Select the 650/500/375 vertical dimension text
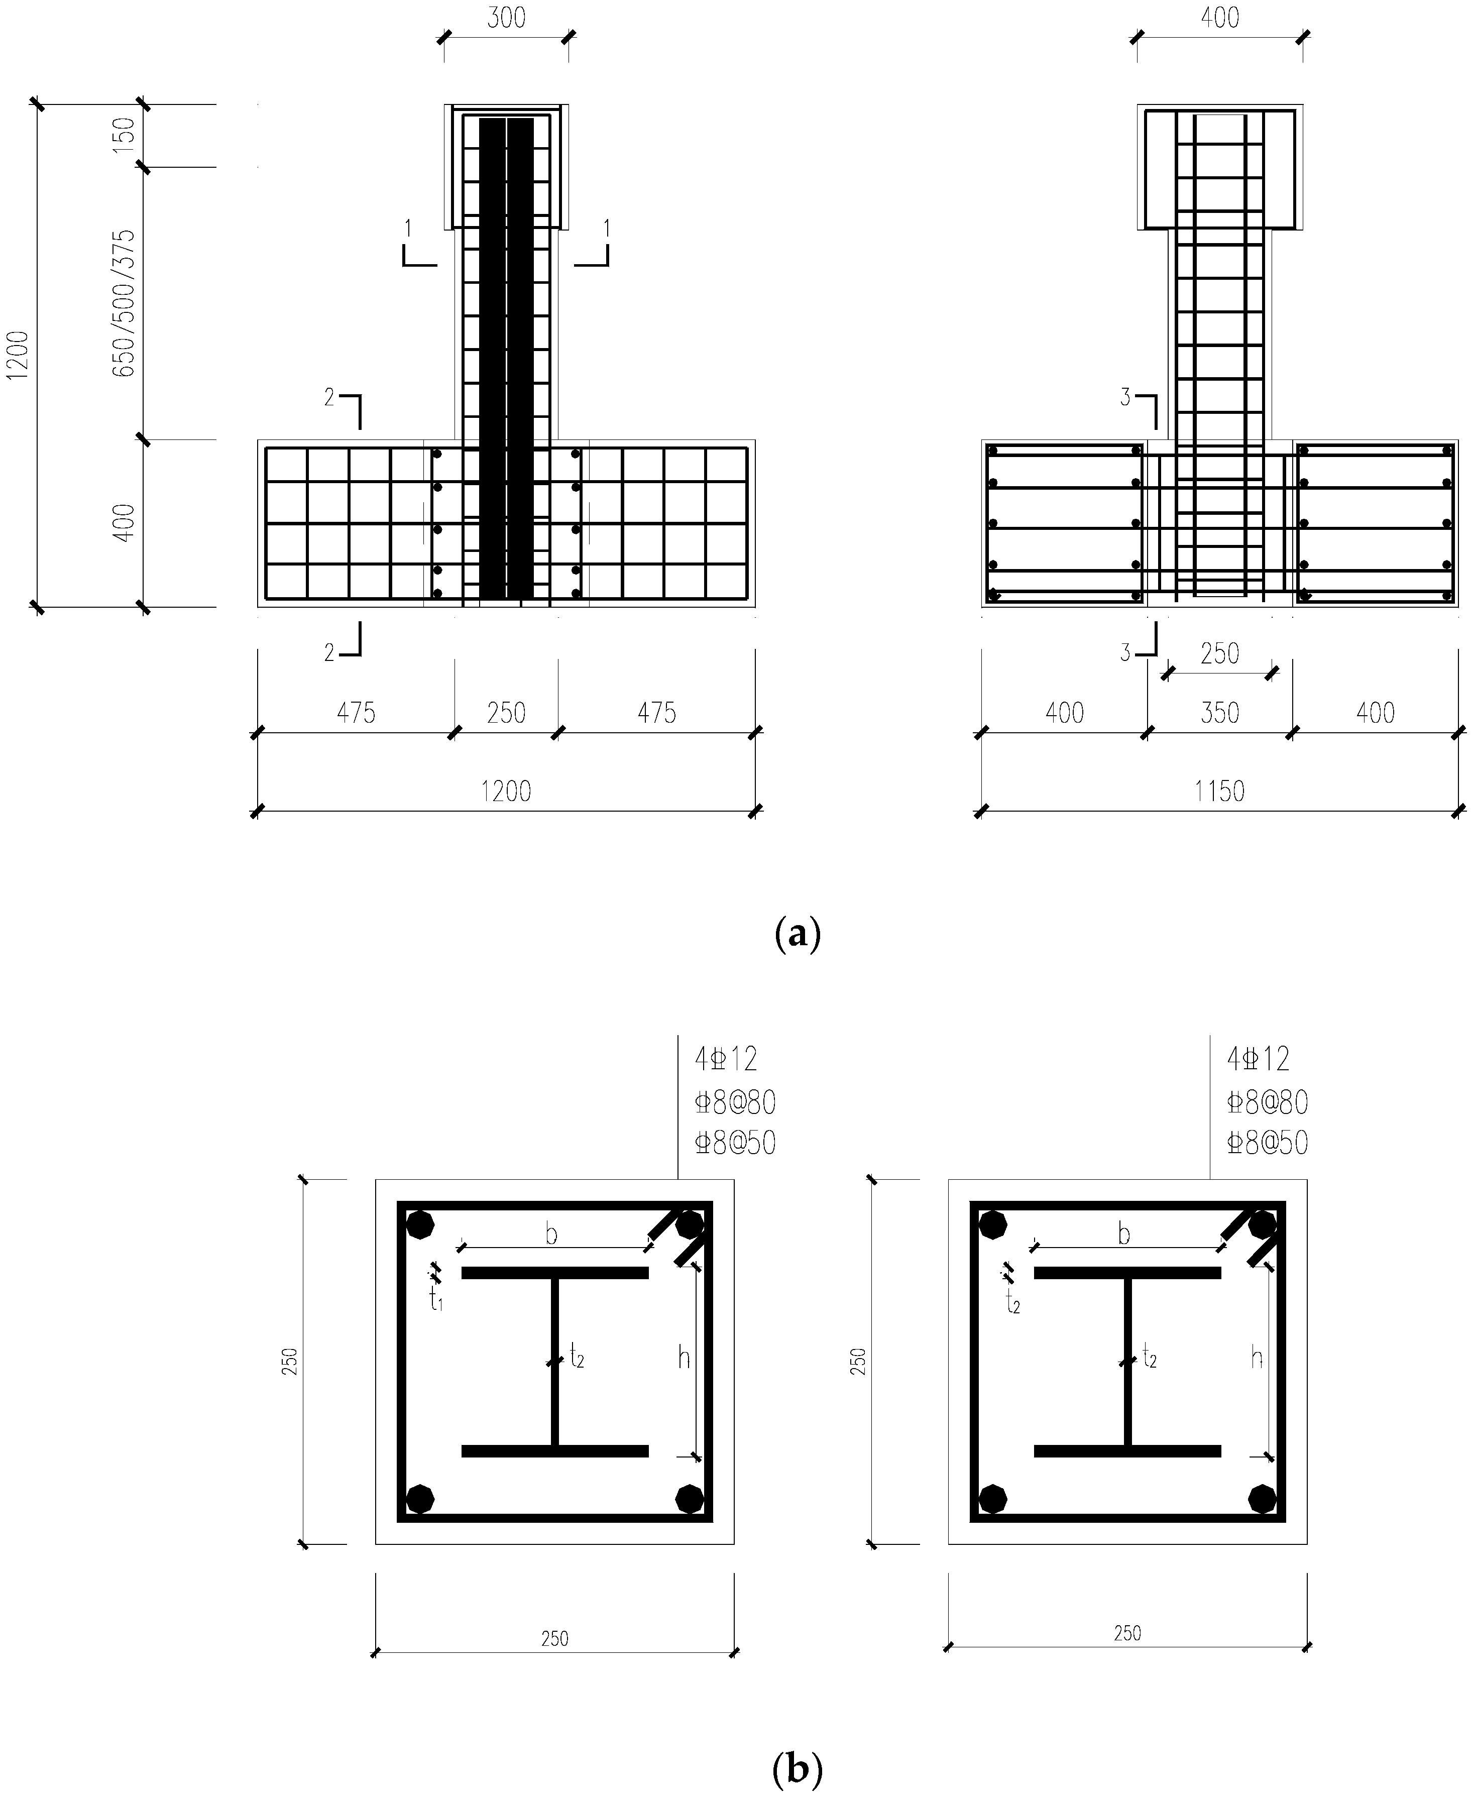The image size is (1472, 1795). [125, 303]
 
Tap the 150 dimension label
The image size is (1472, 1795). [125, 135]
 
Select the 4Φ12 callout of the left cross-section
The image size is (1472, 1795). [726, 1060]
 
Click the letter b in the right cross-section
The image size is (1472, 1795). [1124, 1235]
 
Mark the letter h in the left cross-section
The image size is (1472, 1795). [684, 1359]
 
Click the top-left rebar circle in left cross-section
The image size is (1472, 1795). [420, 1225]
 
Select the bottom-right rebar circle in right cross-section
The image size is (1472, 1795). [1263, 1498]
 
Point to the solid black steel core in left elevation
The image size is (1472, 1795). [506, 356]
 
